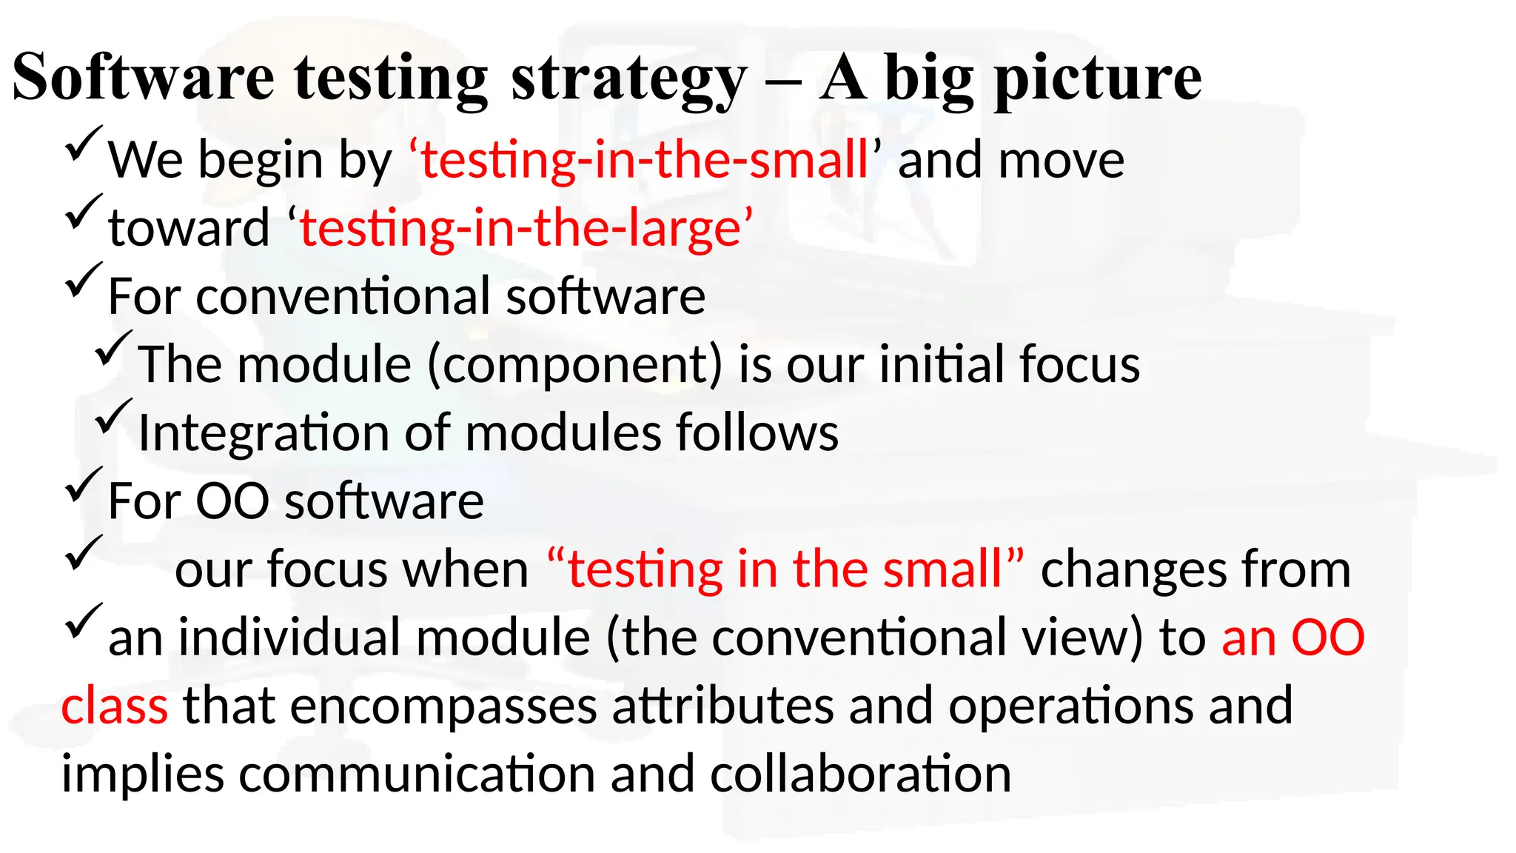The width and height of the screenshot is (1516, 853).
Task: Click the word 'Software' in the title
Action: [x=144, y=77]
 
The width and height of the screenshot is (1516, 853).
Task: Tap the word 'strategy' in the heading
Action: [x=628, y=80]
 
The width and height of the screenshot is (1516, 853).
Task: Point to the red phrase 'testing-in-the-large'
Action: [x=526, y=227]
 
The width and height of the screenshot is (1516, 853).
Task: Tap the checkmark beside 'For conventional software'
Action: [x=83, y=280]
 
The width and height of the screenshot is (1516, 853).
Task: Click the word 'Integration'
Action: [x=263, y=432]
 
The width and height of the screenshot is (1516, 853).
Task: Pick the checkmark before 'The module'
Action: [x=113, y=348]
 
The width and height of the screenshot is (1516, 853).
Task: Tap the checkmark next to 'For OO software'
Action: [x=83, y=485]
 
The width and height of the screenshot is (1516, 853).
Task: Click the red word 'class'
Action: [x=115, y=706]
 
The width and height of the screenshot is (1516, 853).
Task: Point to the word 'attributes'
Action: [x=722, y=706]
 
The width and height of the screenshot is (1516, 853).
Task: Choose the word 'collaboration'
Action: [x=860, y=774]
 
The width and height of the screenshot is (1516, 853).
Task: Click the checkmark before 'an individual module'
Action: [x=83, y=621]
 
